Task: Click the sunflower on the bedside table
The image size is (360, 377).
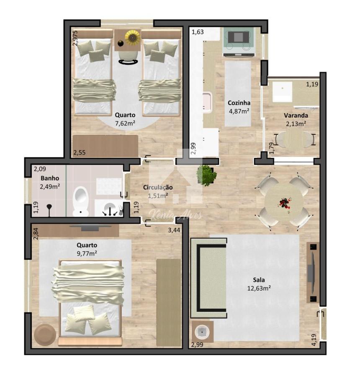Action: (132, 37)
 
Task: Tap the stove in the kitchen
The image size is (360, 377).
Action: (239, 42)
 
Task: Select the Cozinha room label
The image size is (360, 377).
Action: (239, 103)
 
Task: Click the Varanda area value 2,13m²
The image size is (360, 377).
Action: (296, 124)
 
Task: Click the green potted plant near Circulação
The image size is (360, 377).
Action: (206, 175)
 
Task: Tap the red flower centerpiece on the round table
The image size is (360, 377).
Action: (285, 203)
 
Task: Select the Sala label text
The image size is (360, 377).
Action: (259, 280)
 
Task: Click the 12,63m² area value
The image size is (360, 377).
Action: (259, 288)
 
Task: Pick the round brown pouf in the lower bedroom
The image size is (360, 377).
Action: (45, 335)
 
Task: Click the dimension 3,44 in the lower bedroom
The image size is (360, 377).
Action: (174, 230)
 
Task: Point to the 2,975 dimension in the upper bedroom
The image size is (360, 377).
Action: (75, 38)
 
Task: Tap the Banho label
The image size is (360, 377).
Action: (50, 178)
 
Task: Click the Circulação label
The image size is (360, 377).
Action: (158, 187)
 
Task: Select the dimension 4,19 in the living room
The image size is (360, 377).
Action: (314, 340)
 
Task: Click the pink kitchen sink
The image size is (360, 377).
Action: (207, 103)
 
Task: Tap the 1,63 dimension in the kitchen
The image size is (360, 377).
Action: (198, 32)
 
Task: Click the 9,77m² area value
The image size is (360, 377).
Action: (87, 253)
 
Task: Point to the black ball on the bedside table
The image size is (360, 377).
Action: (121, 44)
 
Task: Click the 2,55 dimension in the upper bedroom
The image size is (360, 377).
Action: (80, 152)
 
